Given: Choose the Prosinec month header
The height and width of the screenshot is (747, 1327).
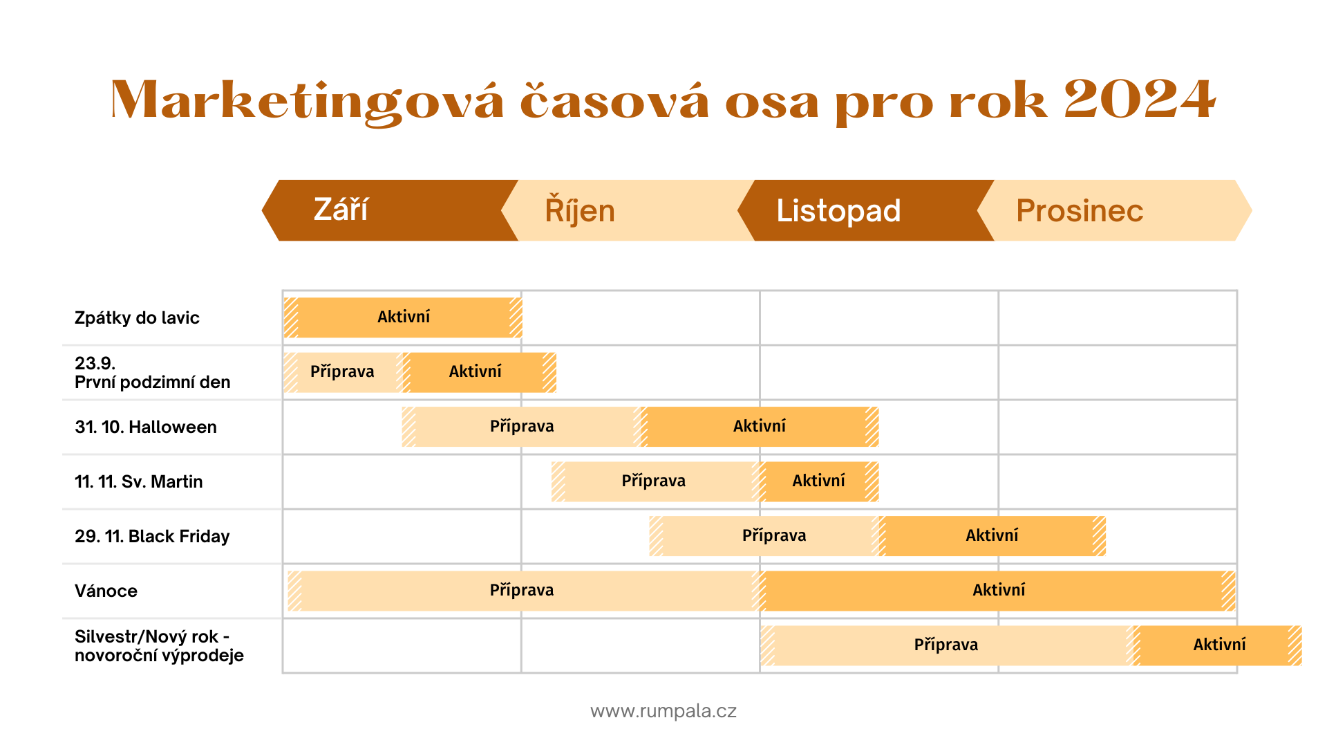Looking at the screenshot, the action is click(1114, 210).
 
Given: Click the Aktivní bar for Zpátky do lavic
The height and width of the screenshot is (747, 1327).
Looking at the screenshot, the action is click(403, 317).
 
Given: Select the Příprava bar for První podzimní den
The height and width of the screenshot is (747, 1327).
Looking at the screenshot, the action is click(343, 372).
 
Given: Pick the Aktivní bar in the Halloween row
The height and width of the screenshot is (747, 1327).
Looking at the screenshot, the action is click(760, 427).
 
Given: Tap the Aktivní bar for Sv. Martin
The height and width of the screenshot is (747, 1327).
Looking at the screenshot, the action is click(819, 481).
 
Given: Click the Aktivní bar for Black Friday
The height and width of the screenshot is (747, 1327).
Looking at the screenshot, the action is click(992, 536).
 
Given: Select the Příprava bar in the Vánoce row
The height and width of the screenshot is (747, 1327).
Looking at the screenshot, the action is click(524, 591).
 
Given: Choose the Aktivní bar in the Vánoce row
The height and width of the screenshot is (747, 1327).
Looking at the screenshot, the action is click(998, 591).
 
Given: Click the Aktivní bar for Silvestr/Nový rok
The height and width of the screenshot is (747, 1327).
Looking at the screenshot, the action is click(1218, 645).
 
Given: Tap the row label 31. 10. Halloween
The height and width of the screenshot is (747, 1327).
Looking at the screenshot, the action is click(146, 427).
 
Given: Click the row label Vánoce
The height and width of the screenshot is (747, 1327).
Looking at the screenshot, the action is click(106, 591).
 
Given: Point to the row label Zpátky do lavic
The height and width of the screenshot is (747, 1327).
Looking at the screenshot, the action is click(137, 318).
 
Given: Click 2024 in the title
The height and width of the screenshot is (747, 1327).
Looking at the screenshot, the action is click(1140, 100).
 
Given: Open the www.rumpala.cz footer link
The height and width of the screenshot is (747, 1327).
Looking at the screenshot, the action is click(663, 711).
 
